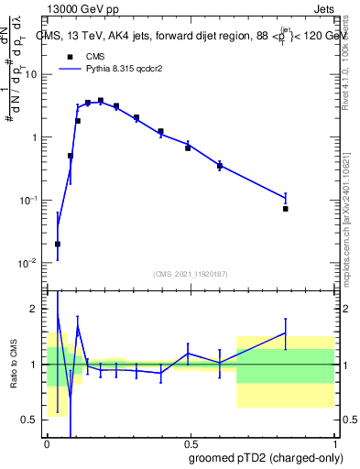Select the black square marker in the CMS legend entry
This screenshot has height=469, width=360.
[70, 56]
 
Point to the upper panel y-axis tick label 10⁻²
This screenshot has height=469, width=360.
[29, 263]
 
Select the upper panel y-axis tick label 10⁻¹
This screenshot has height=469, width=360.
[29, 200]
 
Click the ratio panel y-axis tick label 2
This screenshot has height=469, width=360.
[36, 309]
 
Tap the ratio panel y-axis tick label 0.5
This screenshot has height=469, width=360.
[32, 420]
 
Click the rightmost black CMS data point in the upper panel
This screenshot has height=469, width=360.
[286, 209]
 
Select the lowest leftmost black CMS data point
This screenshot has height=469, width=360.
[58, 245]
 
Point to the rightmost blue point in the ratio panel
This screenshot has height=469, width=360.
[286, 333]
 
